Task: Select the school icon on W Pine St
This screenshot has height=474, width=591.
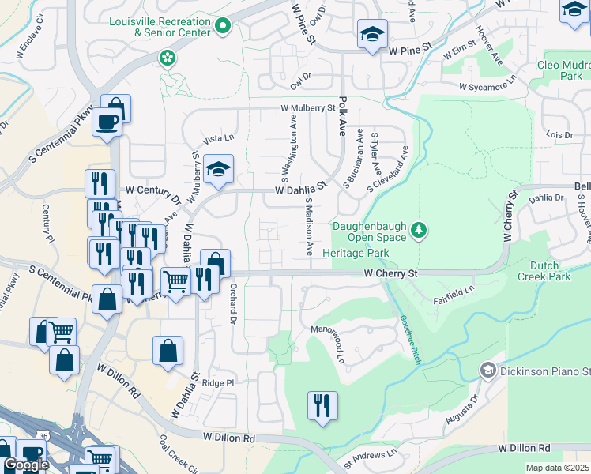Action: click(x=372, y=34)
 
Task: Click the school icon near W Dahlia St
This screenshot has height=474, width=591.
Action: click(x=218, y=169)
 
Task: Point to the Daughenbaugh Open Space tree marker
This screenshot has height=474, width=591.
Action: click(x=420, y=231)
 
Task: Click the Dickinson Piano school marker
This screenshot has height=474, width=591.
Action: click(x=487, y=370)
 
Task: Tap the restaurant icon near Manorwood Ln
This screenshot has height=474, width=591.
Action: click(x=322, y=406)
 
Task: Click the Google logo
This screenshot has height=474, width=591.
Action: click(x=26, y=465)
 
